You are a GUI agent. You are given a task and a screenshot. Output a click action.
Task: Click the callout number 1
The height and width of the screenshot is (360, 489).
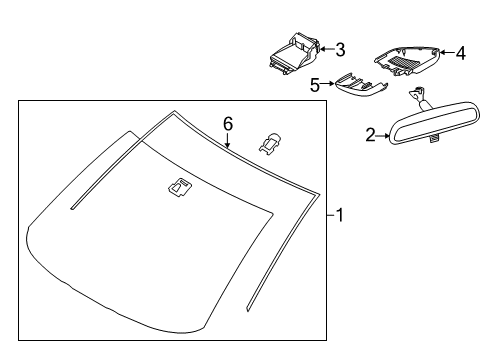pyautogui.click(x=340, y=215)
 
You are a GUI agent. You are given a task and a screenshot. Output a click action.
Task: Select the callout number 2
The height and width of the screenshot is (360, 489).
pyautogui.click(x=370, y=135)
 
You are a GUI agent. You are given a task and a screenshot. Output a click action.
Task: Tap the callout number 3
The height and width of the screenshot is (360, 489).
pyautogui.click(x=340, y=50)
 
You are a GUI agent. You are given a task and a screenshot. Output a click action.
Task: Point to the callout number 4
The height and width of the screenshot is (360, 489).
pyautogui.click(x=461, y=53)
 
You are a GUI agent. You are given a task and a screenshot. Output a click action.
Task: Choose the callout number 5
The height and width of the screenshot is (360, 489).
pyautogui.click(x=315, y=85)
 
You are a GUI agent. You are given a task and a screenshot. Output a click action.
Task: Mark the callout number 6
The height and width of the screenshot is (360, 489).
pyautogui.click(x=228, y=124)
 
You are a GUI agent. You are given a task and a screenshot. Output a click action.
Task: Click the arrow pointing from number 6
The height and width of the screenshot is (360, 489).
pyautogui.click(x=227, y=140)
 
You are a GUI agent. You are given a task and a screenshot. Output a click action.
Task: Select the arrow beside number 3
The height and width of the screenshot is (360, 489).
pyautogui.click(x=327, y=49)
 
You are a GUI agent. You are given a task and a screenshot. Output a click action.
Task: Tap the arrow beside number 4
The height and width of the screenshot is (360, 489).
pyautogui.click(x=447, y=52)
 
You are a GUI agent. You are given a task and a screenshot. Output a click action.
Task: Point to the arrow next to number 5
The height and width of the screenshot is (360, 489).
pyautogui.click(x=327, y=84)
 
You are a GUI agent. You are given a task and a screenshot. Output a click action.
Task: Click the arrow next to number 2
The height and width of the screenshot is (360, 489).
pyautogui.click(x=383, y=136)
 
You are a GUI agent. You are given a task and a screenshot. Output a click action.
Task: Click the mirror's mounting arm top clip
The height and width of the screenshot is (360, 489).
pyautogui.click(x=417, y=93)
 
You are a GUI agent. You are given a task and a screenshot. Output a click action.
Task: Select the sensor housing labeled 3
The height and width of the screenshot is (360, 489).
pyautogui.click(x=295, y=53)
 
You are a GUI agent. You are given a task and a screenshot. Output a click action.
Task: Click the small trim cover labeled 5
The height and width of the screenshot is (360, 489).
pyautogui.click(x=361, y=86)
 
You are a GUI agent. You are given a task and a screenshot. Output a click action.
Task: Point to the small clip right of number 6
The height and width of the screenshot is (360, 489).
pyautogui.click(x=269, y=145)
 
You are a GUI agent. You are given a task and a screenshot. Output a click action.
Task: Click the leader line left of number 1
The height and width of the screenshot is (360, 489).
pyautogui.click(x=331, y=215)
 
